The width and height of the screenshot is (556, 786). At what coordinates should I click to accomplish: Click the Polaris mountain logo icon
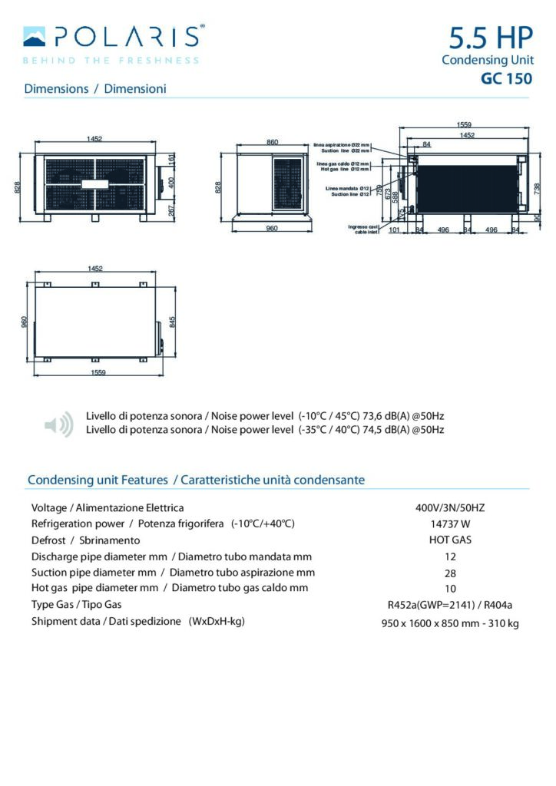coord(35,35)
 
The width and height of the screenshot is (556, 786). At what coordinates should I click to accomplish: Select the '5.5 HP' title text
coord(489,38)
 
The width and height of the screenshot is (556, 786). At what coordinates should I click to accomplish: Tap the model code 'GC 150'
coord(506,78)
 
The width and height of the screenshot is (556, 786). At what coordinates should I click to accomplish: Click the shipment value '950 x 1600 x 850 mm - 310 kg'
coord(450,623)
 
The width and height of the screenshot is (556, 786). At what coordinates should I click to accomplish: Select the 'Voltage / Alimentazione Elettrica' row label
coord(108,507)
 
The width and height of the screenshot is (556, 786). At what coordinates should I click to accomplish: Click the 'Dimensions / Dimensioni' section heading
coord(95,88)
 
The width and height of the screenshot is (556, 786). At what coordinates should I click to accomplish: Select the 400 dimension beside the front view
coord(172,182)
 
